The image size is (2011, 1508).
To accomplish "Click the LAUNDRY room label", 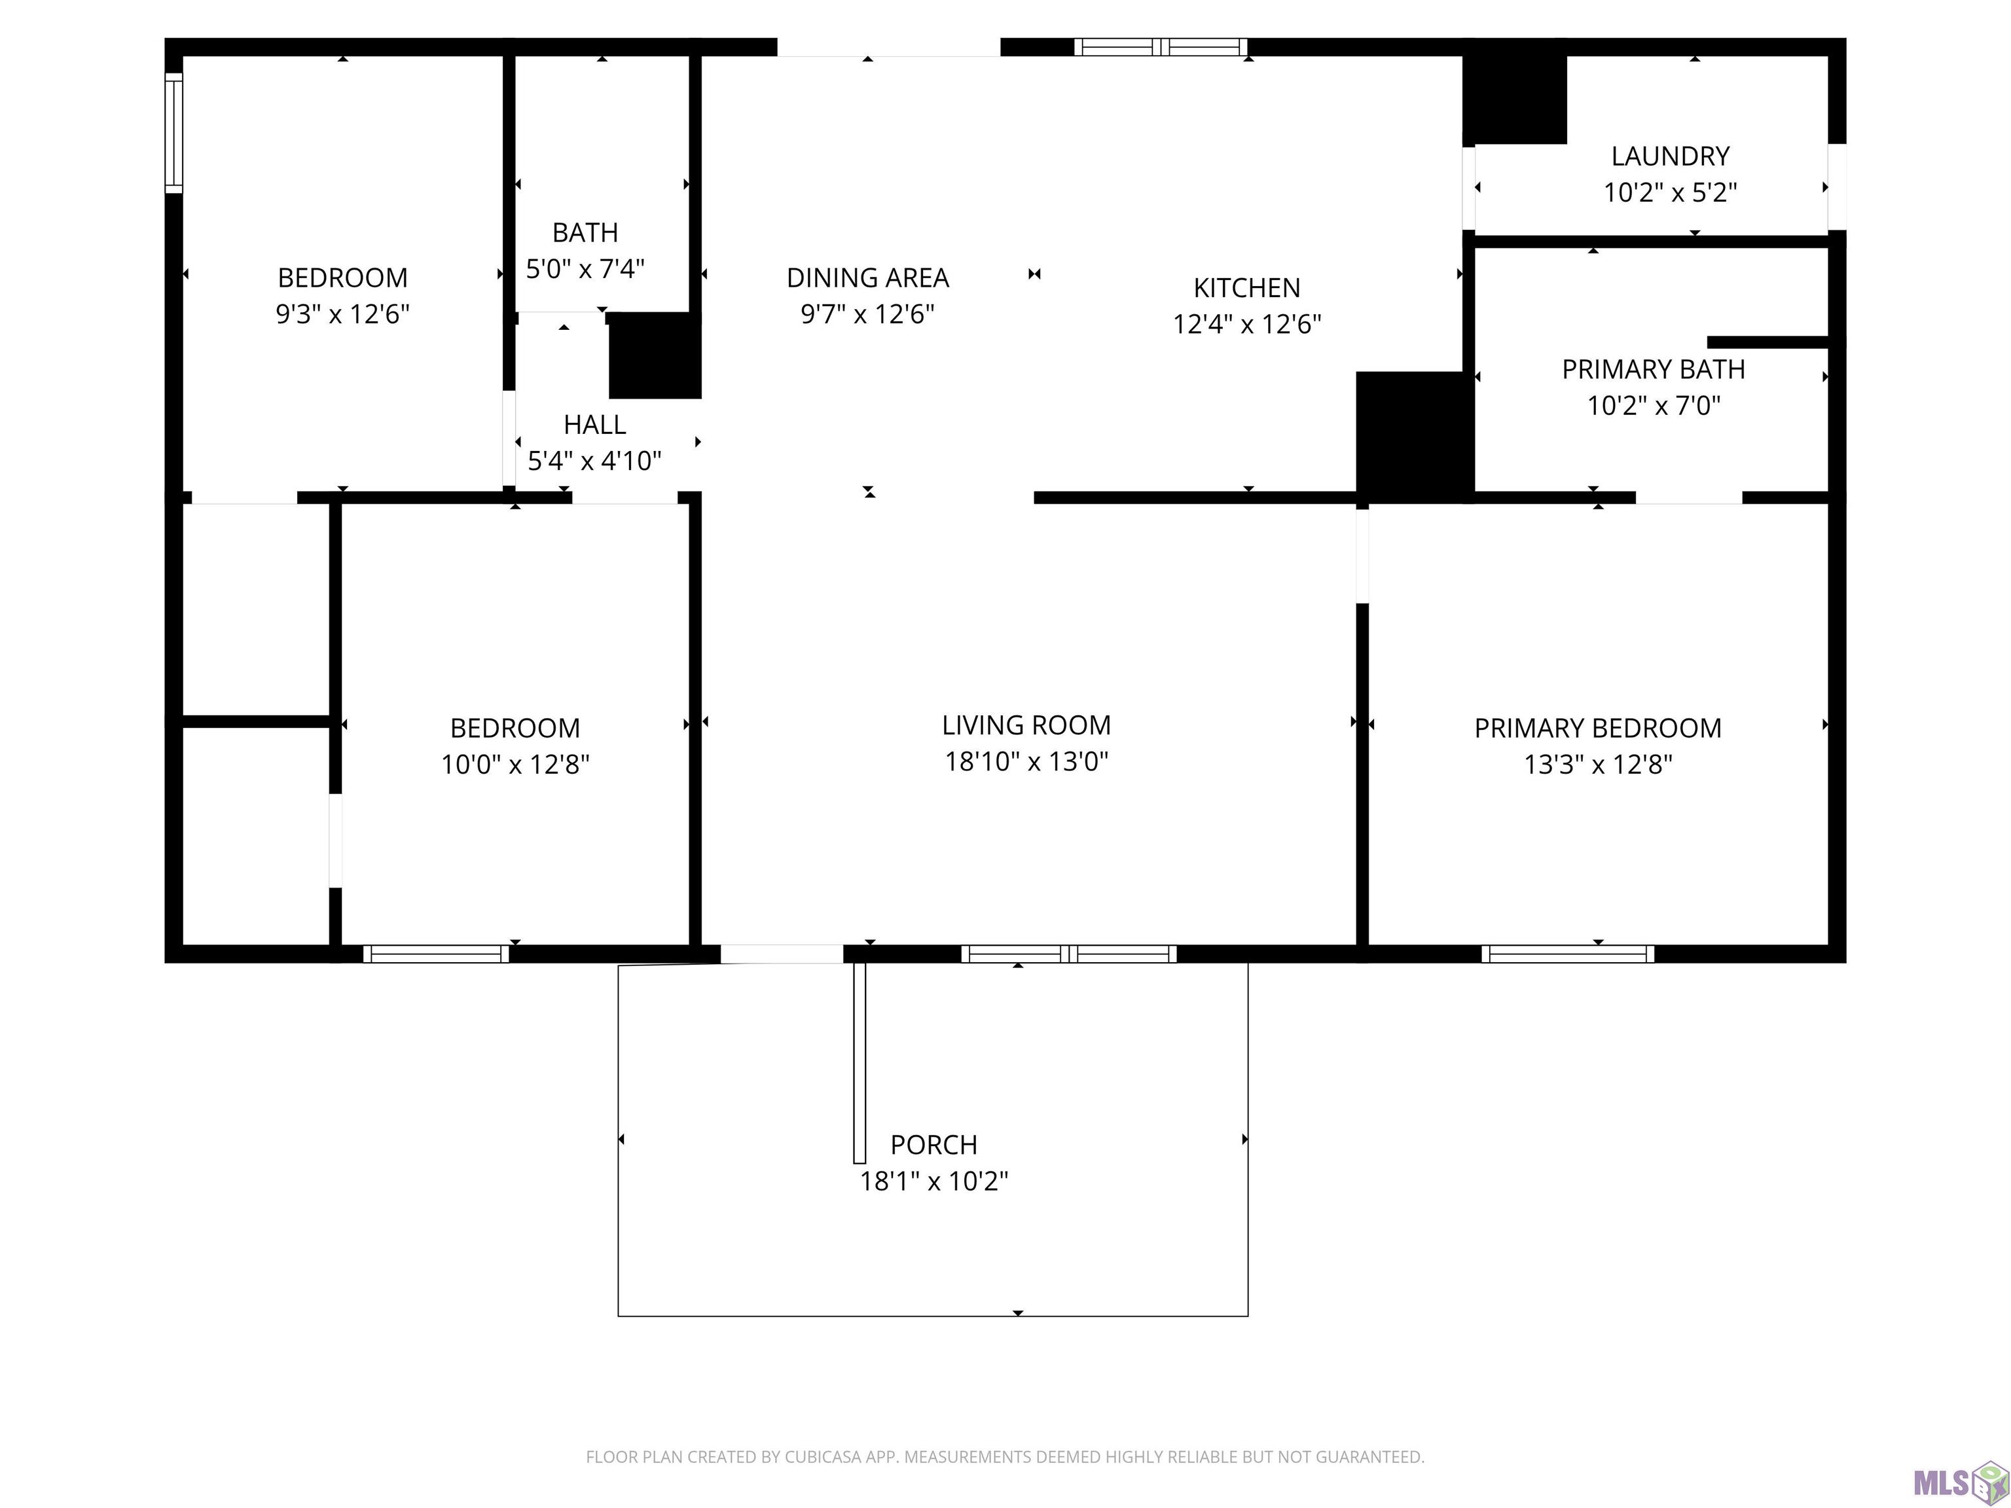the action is pyautogui.click(x=1670, y=156).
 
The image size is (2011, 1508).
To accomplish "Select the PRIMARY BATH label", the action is pyautogui.click(x=1654, y=369).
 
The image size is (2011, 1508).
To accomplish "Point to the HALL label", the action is pyautogui.click(x=594, y=425).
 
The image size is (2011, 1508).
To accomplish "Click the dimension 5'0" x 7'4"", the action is pyautogui.click(x=585, y=269).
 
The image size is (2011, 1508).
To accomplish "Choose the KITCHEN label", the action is pyautogui.click(x=1246, y=288).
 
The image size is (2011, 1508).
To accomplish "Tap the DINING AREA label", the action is pyautogui.click(x=867, y=278).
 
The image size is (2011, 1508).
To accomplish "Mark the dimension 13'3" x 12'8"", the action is pyautogui.click(x=1598, y=764).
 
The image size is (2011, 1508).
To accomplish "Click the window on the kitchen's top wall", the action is pyautogui.click(x=1160, y=47).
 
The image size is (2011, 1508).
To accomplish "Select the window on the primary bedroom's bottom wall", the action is pyautogui.click(x=1567, y=954).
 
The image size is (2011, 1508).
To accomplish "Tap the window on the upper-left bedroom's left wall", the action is pyautogui.click(x=173, y=133).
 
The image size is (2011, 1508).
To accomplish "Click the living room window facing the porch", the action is pyautogui.click(x=1069, y=954).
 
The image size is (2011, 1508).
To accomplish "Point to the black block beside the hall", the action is pyautogui.click(x=655, y=355).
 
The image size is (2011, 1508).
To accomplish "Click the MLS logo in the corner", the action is pyautogui.click(x=1961, y=1482).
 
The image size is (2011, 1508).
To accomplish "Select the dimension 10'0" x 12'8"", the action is pyautogui.click(x=515, y=764).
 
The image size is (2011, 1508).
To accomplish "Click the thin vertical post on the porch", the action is pyautogui.click(x=859, y=1062).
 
